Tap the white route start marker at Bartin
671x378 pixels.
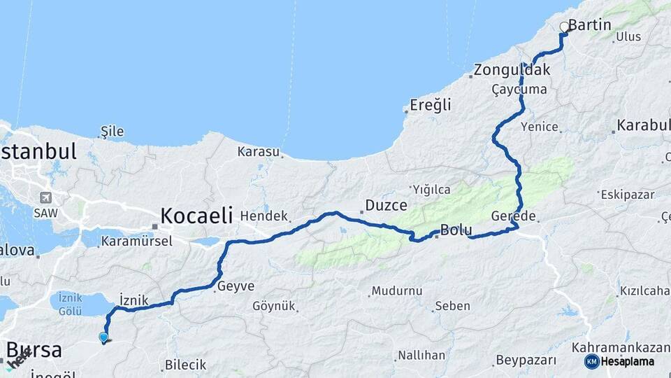[564, 27]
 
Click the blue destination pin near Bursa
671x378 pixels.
[103, 337]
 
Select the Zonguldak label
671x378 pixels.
[512, 70]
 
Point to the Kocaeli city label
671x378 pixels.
[196, 216]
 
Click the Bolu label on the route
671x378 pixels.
[456, 231]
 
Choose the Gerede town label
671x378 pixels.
[513, 216]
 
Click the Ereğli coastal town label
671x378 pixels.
[431, 105]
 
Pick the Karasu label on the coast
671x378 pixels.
[258, 151]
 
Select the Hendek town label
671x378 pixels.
[264, 217]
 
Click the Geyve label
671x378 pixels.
[236, 286]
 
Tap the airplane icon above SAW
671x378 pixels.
[46, 197]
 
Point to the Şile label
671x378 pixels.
[112, 131]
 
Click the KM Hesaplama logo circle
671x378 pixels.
[592, 361]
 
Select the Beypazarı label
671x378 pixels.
[526, 360]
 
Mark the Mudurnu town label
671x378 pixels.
[396, 290]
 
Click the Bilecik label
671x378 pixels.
[185, 365]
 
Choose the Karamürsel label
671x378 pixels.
[132, 241]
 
